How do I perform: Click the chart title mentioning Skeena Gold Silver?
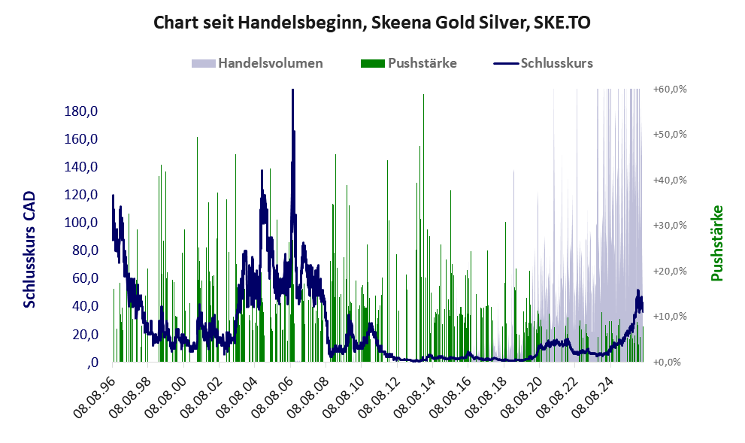pyautogui.click(x=372, y=23)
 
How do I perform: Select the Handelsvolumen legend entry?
pyautogui.click(x=257, y=63)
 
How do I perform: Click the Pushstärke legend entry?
pyautogui.click(x=409, y=63)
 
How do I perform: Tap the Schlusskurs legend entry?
pyautogui.click(x=543, y=63)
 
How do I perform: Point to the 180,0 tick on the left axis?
pyautogui.click(x=80, y=111)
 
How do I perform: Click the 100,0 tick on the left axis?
pyautogui.click(x=80, y=223)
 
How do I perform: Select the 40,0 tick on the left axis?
pyautogui.click(x=85, y=305)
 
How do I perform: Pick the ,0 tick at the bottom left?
pyautogui.click(x=92, y=363)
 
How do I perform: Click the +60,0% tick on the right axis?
pyautogui.click(x=670, y=89)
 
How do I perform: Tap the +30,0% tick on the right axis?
pyautogui.click(x=670, y=226)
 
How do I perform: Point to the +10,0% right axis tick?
pyautogui.click(x=670, y=316)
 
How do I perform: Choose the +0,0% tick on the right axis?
pyautogui.click(x=672, y=363)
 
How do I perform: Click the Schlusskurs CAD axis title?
pyautogui.click(x=29, y=250)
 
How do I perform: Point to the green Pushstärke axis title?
pyautogui.click(x=716, y=243)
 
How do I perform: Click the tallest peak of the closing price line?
pyautogui.click(x=292, y=90)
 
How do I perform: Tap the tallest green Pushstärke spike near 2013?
pyautogui.click(x=423, y=95)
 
